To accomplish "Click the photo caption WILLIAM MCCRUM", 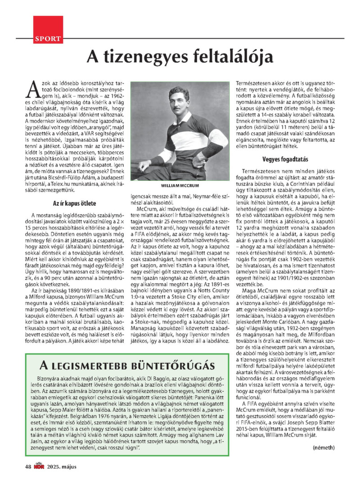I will point(180,185).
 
